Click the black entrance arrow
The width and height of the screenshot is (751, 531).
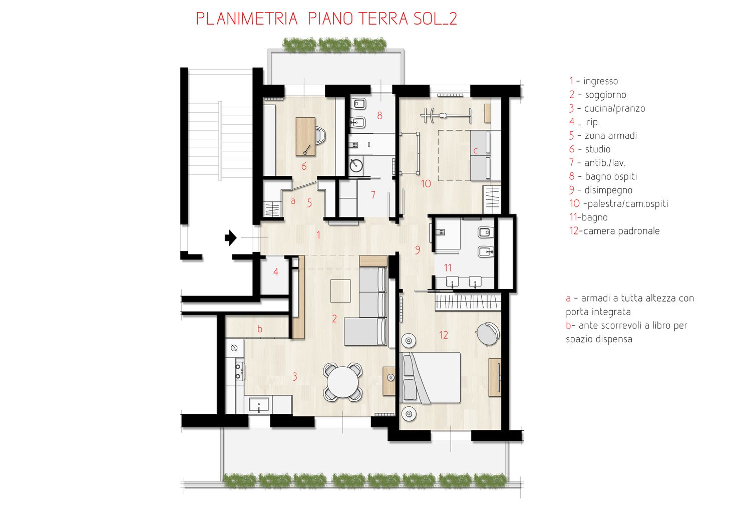[231, 238]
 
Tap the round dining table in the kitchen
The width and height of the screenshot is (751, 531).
[342, 382]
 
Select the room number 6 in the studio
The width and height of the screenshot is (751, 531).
[304, 166]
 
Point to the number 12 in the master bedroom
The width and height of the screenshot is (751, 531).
[443, 335]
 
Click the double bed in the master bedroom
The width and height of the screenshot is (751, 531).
[430, 378]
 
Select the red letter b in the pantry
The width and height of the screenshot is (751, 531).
[260, 329]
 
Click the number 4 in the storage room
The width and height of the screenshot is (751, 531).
[275, 272]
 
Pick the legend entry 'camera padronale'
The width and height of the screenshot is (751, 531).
[621, 231]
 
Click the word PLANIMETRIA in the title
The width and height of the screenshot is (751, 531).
[247, 19]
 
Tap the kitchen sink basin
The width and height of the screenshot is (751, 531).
[258, 405]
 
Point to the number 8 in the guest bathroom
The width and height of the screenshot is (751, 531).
[380, 116]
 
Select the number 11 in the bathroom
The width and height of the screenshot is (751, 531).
[448, 268]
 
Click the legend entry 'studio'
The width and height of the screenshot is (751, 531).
[597, 149]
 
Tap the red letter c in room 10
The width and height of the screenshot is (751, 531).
[475, 151]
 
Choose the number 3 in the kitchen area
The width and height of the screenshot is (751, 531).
[294, 377]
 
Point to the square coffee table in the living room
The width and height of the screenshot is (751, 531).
[340, 291]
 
